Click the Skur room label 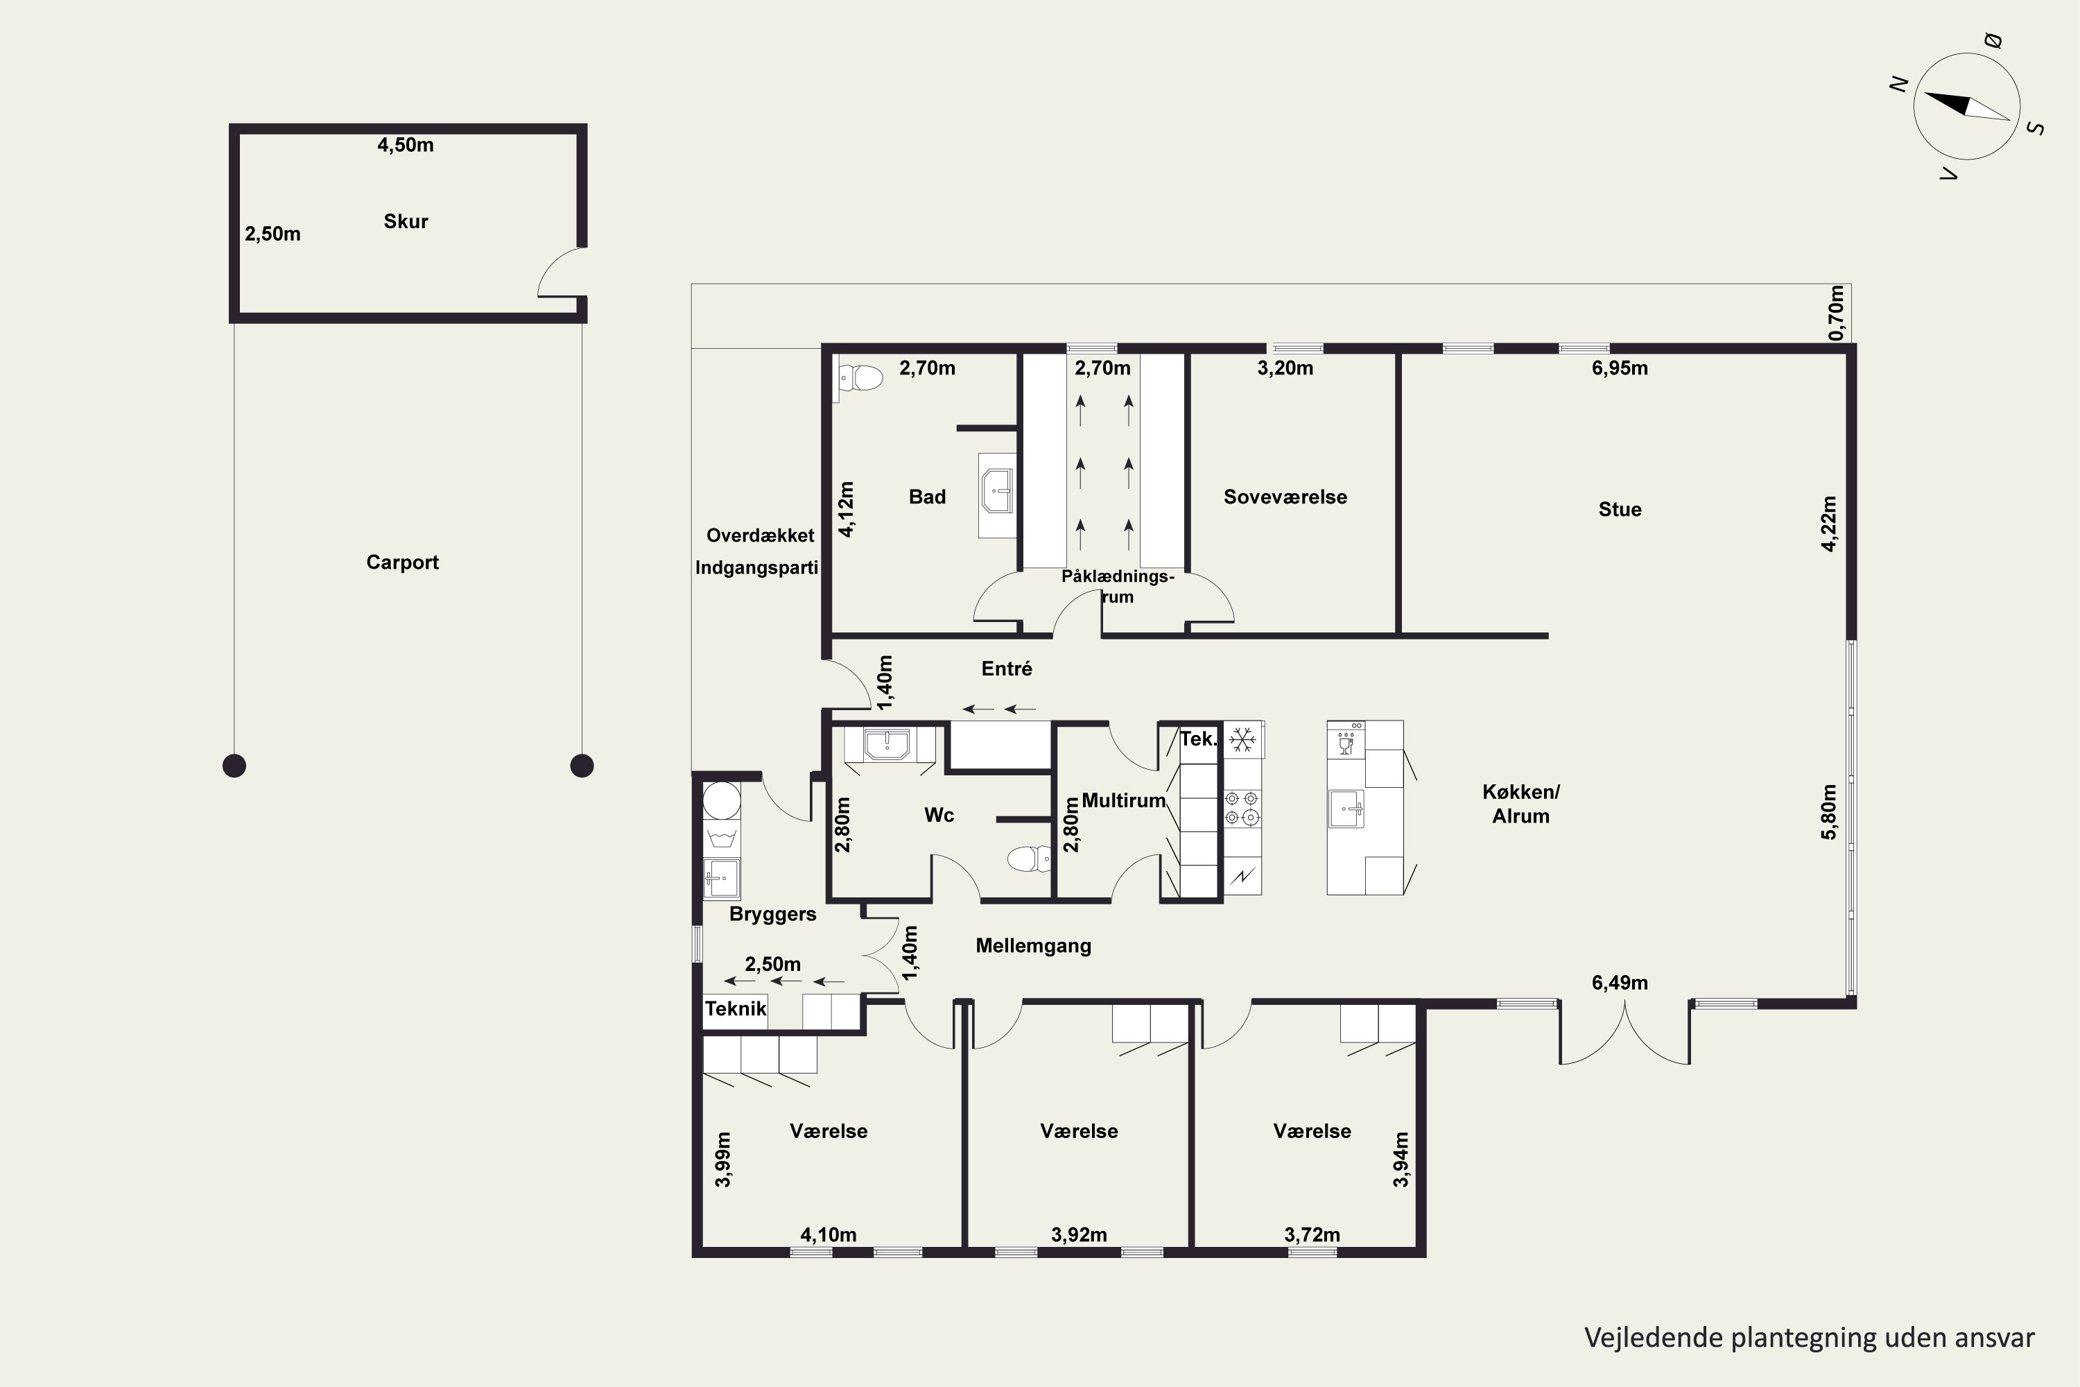pos(406,221)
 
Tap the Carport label pos(402,562)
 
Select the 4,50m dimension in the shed pos(406,145)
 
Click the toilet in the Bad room pos(860,378)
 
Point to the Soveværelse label pos(1285,497)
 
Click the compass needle pos(1967,106)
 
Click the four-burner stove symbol pos(1242,808)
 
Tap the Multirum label pos(1123,800)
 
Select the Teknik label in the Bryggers pos(736,1008)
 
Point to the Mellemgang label pos(1033,946)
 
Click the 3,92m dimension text pos(1079,1235)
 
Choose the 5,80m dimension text pos(1829,812)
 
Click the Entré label pos(1007,669)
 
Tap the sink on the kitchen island pos(1346,809)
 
